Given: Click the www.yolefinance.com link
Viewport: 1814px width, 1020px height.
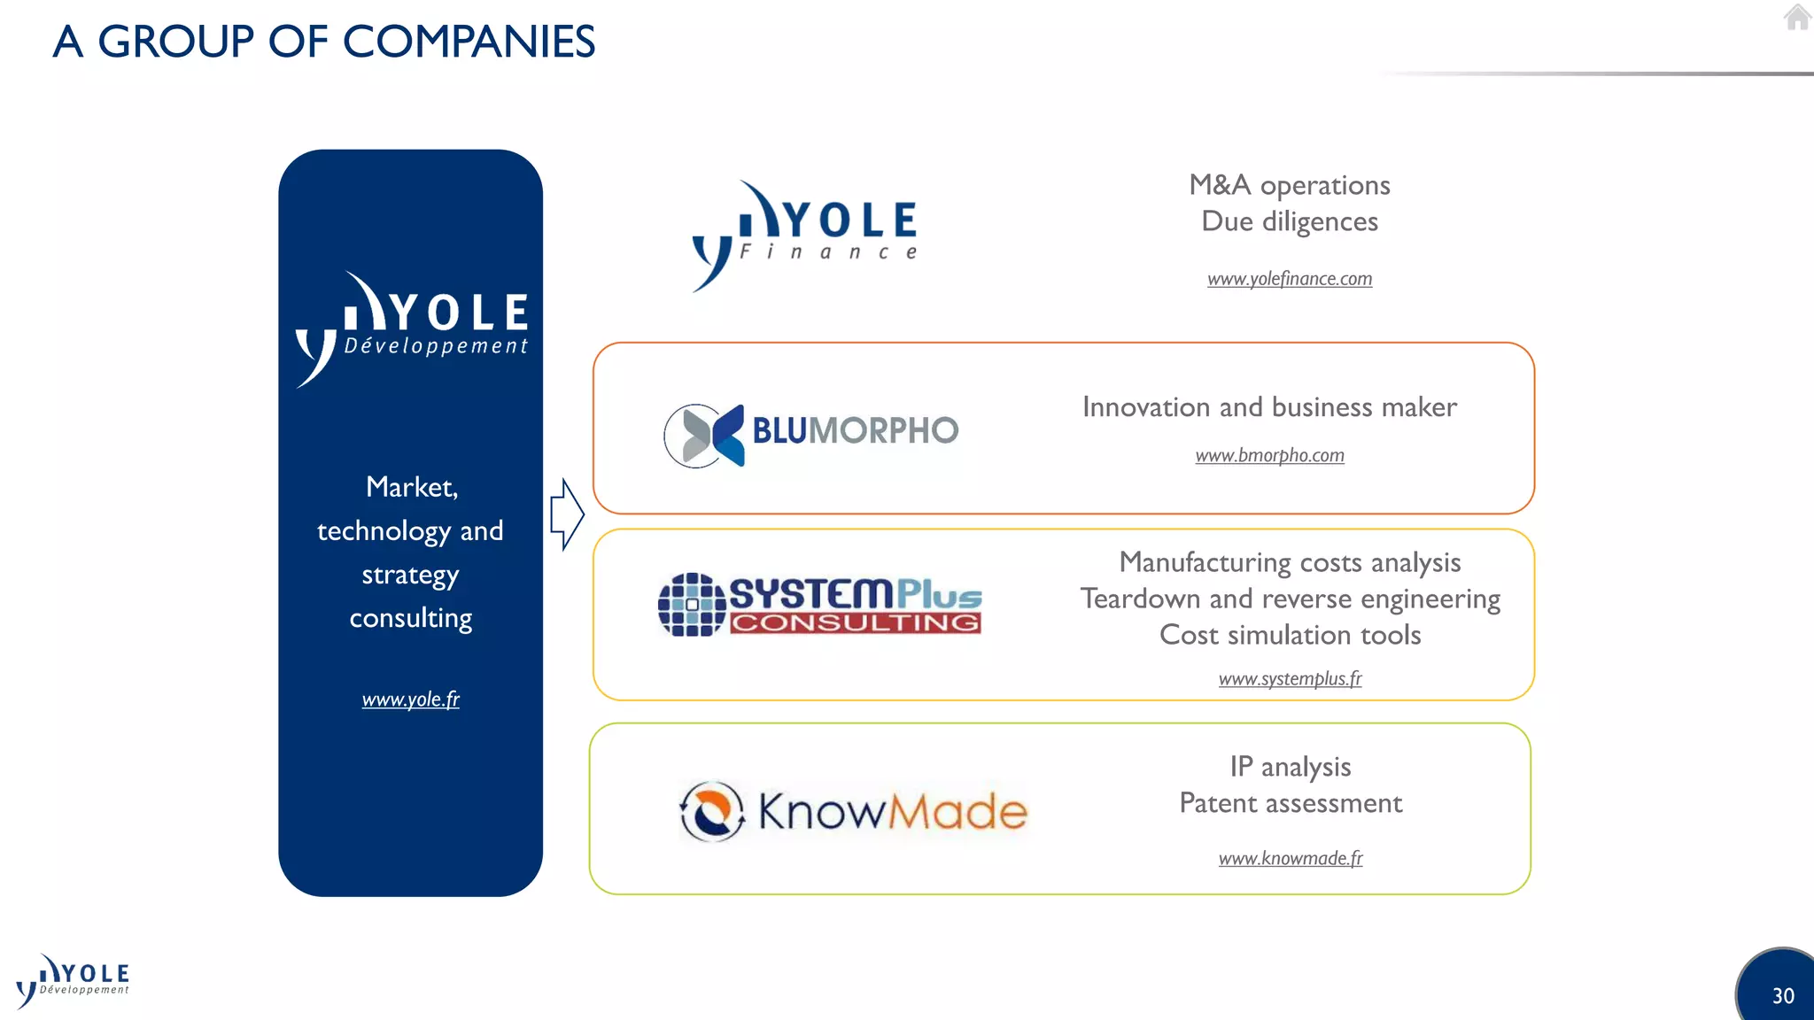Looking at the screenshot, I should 1290,279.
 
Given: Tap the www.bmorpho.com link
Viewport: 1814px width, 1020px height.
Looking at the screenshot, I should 1269,455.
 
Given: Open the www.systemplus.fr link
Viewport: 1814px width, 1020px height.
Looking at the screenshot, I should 1290,679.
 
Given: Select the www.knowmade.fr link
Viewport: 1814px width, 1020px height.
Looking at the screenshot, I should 1291,858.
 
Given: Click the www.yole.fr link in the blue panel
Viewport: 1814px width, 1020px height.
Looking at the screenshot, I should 410,699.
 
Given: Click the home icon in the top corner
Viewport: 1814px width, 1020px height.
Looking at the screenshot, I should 1796,18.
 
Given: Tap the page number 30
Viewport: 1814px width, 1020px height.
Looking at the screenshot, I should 1783,996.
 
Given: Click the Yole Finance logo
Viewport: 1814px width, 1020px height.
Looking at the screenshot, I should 804,235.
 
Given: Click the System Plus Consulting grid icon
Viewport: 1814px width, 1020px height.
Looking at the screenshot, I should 692,605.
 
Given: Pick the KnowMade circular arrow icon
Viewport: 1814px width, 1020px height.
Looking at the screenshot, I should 711,811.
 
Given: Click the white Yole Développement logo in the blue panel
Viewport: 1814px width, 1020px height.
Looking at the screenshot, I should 412,328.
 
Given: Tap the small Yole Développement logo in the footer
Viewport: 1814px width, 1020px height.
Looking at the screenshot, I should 73,981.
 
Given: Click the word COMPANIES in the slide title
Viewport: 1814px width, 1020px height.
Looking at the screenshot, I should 469,42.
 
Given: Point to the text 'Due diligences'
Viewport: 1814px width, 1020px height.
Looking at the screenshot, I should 1290,221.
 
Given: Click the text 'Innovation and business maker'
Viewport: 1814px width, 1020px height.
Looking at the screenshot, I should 1269,407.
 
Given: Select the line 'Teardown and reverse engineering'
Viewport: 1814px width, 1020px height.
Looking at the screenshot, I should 1290,599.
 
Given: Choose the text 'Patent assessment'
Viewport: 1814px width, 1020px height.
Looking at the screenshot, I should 1291,803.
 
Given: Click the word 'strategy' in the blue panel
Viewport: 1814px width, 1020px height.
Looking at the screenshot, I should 410,576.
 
